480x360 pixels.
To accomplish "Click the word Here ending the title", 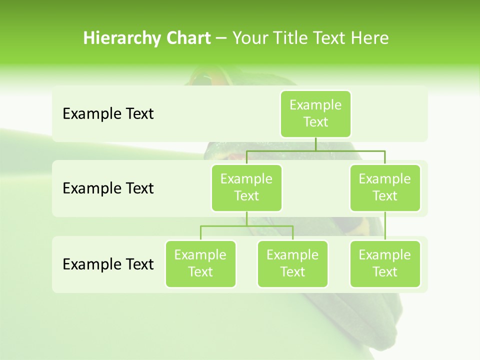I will tap(369, 38).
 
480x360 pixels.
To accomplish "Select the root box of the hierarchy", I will tap(315, 113).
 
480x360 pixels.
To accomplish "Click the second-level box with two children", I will tap(246, 187).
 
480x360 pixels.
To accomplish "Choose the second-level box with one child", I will tap(385, 187).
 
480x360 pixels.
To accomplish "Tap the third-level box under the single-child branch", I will tap(385, 263).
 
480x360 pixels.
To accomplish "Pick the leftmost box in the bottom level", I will tap(200, 263).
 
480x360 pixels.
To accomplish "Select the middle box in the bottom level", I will tap(292, 263).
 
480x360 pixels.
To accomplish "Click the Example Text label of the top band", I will tap(108, 114).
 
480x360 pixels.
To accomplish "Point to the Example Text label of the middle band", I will tap(108, 188).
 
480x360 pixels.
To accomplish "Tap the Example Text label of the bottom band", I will tap(108, 264).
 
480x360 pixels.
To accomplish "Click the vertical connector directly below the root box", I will tap(315, 144).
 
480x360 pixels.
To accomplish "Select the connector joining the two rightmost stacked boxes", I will tap(385, 226).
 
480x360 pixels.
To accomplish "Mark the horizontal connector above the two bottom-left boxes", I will tap(246, 226).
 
